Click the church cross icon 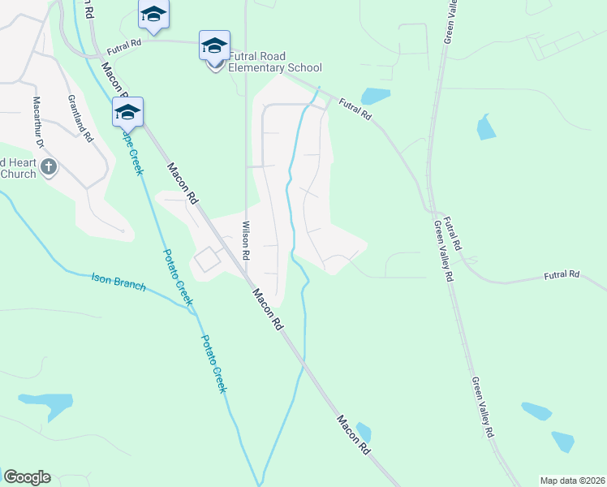pyautogui.click(x=49, y=167)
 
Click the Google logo pyautogui.click(x=27, y=477)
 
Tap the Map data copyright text pyautogui.click(x=571, y=481)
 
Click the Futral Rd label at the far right pyautogui.click(x=562, y=275)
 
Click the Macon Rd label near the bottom pyautogui.click(x=354, y=435)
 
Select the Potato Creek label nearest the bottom pyautogui.click(x=213, y=364)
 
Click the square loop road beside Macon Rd pyautogui.click(x=207, y=260)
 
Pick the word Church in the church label pyautogui.click(x=18, y=174)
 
